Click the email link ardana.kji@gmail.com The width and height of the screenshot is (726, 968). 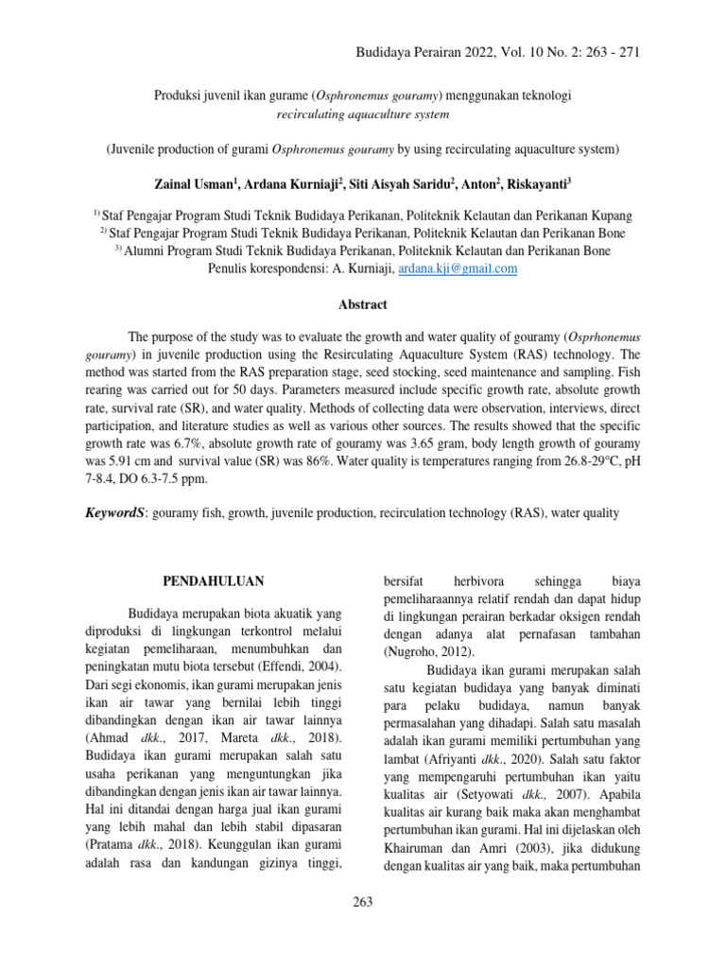[458, 268]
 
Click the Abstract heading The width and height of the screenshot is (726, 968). [363, 305]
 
